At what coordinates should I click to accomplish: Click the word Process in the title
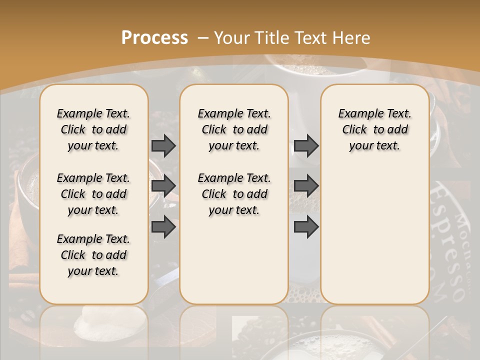pyautogui.click(x=154, y=38)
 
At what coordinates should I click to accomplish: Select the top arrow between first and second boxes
pyautogui.click(x=163, y=145)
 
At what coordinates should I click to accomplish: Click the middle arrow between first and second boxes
pyautogui.click(x=163, y=185)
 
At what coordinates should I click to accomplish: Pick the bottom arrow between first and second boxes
pyautogui.click(x=163, y=226)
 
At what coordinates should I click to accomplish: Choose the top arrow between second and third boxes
pyautogui.click(x=306, y=145)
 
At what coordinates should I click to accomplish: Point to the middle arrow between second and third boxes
pyautogui.click(x=306, y=185)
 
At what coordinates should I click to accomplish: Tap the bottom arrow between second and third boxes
pyautogui.click(x=306, y=226)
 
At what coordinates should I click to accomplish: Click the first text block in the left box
pyautogui.click(x=93, y=129)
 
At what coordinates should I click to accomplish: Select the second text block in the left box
pyautogui.click(x=93, y=194)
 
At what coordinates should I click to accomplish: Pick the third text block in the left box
pyautogui.click(x=93, y=255)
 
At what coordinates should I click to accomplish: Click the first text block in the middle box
pyautogui.click(x=234, y=129)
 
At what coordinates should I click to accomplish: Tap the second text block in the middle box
pyautogui.click(x=234, y=194)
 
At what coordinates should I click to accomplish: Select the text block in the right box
pyautogui.click(x=374, y=129)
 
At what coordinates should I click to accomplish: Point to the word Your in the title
pyautogui.click(x=232, y=38)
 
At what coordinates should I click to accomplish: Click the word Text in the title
pyautogui.click(x=310, y=38)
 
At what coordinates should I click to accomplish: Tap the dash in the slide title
pyautogui.click(x=203, y=38)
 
